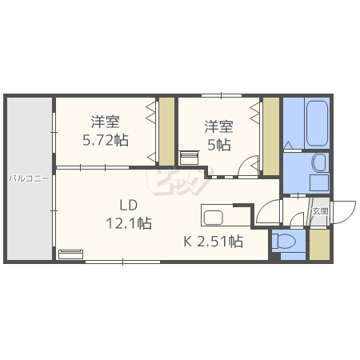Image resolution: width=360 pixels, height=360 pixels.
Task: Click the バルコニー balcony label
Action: (x=30, y=178)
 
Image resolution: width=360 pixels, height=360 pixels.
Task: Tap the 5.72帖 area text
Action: (x=106, y=140)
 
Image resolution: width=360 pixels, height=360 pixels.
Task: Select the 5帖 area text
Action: (x=219, y=145)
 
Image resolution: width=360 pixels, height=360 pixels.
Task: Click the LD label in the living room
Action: (x=129, y=206)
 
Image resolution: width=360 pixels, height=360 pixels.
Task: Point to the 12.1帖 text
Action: (x=129, y=223)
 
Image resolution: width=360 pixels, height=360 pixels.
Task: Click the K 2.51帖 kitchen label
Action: (x=214, y=242)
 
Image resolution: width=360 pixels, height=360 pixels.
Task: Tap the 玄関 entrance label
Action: (x=320, y=211)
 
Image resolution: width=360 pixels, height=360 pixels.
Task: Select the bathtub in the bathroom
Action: (x=317, y=123)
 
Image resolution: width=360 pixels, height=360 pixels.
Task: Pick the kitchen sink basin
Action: (x=214, y=218)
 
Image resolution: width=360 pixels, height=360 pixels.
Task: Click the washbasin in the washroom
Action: (x=319, y=162)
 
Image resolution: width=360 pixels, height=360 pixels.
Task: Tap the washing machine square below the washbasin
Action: (x=319, y=183)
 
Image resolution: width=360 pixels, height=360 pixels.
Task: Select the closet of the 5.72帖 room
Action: (x=166, y=131)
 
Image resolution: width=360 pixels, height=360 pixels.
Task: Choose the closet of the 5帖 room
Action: (x=271, y=136)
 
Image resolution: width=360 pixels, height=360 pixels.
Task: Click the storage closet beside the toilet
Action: (x=319, y=244)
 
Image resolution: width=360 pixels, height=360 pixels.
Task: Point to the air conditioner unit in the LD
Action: (x=70, y=254)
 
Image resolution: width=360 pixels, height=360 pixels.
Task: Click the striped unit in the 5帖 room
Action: (x=190, y=158)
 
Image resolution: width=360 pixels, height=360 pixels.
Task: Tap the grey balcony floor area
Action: (x=30, y=178)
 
